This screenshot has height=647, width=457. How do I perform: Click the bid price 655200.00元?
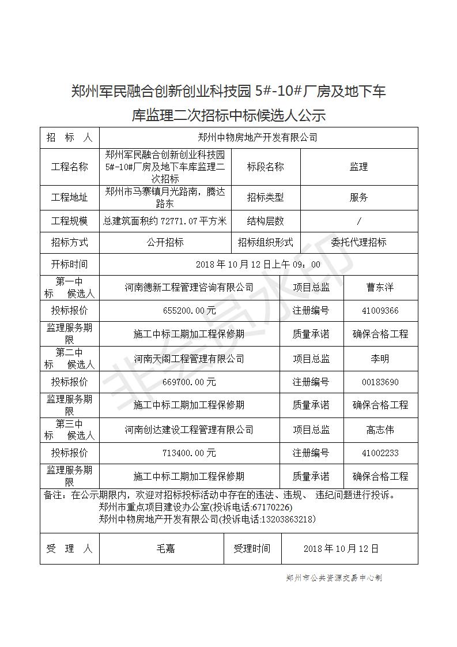tap(189, 311)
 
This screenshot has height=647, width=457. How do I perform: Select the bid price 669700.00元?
tap(189, 382)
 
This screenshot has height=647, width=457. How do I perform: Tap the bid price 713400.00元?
tap(189, 453)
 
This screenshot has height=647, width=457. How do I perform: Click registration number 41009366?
tap(380, 311)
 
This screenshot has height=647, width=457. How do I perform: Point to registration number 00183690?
tap(380, 382)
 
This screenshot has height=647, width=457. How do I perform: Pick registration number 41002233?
tap(380, 453)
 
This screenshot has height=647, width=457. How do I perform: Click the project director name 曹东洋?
tap(380, 287)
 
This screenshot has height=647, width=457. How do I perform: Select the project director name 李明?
tap(380, 359)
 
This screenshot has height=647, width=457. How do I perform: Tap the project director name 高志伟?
tap(380, 430)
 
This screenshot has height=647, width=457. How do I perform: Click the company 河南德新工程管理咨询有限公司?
tap(189, 287)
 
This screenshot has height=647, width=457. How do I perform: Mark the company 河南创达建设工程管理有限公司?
tap(189, 430)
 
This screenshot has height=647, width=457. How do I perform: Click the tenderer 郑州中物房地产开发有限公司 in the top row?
tap(258, 138)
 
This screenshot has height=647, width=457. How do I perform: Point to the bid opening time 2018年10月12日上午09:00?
tap(258, 265)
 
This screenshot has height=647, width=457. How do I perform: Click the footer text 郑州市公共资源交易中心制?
tap(334, 578)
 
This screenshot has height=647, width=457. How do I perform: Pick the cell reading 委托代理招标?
tap(358, 243)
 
